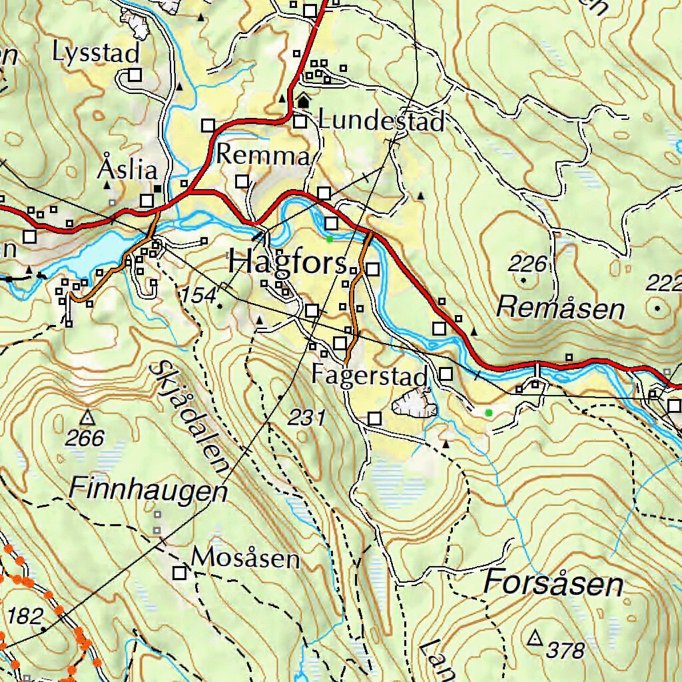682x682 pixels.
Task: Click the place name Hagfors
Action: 287,262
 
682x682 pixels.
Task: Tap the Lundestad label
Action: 381,122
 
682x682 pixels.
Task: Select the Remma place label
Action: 263,156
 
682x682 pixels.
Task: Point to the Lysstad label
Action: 97,53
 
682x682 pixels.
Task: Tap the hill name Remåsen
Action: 561,308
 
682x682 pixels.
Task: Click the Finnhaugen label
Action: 148,491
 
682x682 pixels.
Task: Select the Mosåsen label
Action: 246,558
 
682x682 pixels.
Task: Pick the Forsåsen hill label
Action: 553,584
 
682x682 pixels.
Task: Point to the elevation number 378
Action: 565,649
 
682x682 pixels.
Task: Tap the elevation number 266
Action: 86,438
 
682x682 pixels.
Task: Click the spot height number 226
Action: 527,264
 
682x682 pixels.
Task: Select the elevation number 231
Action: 306,418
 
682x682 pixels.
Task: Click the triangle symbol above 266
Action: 87,418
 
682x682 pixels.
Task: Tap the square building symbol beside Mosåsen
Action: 179,573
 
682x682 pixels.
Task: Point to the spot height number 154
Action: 199,294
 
